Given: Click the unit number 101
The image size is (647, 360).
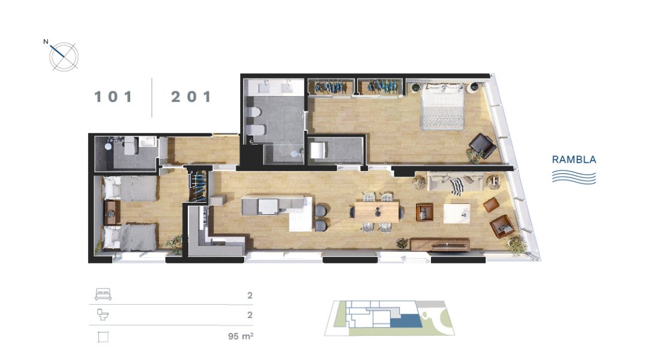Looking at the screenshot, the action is tap(113, 97).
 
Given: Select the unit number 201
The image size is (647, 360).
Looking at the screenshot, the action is tap(191, 97).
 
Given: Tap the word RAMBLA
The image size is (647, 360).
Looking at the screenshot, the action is tap(574, 160).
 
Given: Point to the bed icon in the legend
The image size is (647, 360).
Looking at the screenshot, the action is tap(103, 294).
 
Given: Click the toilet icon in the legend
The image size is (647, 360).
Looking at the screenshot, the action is tap(103, 314).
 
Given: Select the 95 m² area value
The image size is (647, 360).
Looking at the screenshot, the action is tap(241, 336).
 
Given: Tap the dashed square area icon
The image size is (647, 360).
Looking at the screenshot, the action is tap(103, 337).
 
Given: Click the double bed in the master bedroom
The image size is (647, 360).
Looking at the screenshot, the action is tap(442, 106).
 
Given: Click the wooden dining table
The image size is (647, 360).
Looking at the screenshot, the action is tap(377, 212).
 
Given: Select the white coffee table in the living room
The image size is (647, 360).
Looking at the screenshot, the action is tap(457, 213).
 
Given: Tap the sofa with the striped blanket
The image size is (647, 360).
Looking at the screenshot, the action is tap(455, 182).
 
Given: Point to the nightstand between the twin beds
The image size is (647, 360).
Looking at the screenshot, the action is tap(112, 213).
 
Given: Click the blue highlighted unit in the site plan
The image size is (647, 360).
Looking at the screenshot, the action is tap(406, 320).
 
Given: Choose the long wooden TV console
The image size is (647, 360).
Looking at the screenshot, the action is tap(440, 245).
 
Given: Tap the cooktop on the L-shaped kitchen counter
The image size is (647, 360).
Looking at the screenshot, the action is tap(203, 218).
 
